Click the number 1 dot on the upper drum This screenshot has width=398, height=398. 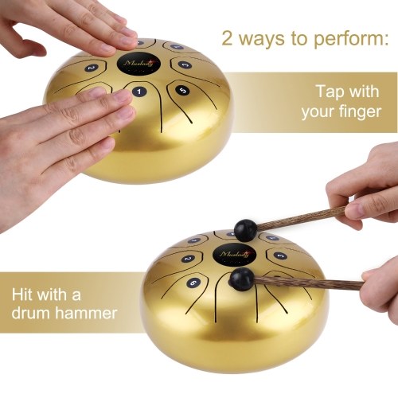point(139,92)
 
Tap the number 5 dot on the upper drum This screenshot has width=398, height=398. point(183,91)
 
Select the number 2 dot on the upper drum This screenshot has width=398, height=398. point(92,68)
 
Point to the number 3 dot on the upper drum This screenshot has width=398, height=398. point(185,64)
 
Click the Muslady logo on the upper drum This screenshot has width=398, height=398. point(139,64)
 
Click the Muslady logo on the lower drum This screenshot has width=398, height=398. point(234,255)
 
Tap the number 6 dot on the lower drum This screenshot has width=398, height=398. point(193,283)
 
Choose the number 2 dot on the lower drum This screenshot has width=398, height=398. point(188,259)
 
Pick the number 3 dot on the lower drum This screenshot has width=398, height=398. point(280,256)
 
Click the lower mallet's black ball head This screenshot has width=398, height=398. point(241,279)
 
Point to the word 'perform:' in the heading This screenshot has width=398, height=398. point(351,39)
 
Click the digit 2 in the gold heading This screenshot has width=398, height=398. point(227,38)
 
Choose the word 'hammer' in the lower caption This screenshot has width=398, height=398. point(86,312)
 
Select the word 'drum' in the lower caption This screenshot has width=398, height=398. point(31,312)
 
